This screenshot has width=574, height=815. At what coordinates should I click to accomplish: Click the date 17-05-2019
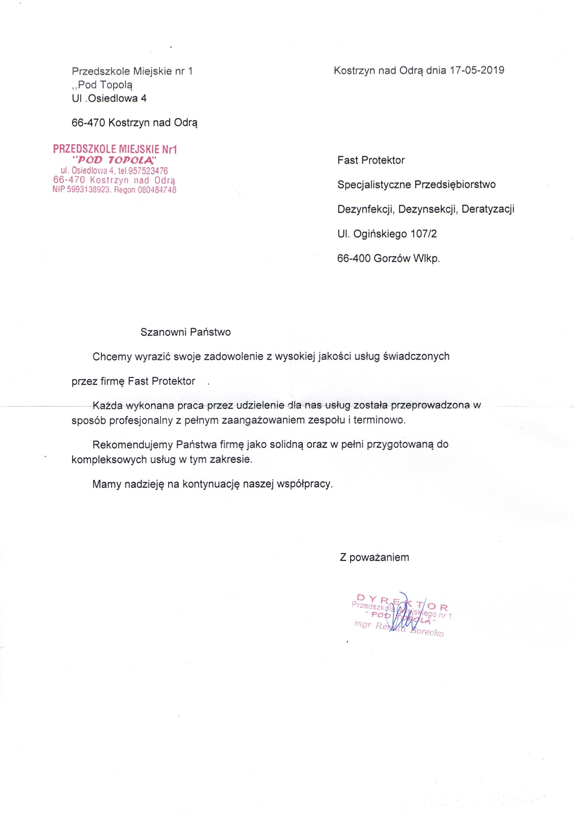pos(477,70)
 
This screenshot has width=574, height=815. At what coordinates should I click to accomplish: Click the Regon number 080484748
pos(157,190)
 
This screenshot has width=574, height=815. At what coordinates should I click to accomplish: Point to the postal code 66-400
pos(354,258)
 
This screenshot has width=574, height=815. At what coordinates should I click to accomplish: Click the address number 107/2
pos(423,234)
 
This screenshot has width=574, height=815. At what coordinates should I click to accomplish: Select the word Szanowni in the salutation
pos(162,332)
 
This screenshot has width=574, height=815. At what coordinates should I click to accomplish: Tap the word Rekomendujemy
pos(132,444)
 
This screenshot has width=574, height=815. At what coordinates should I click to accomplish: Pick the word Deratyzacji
pos(488,209)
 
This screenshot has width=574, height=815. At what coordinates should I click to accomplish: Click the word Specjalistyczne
pos(373,184)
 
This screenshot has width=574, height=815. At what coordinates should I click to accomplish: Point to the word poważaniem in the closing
pos(379,558)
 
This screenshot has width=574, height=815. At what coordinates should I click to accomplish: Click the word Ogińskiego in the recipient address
pos(380,234)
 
